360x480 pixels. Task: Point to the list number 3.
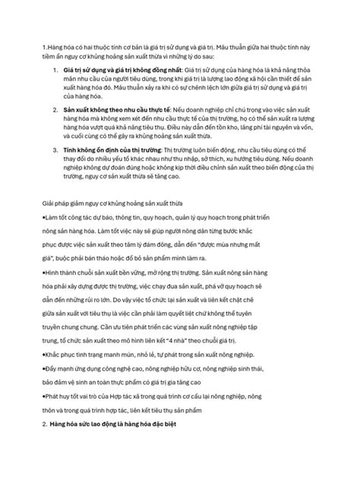pyautogui.click(x=56, y=151)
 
